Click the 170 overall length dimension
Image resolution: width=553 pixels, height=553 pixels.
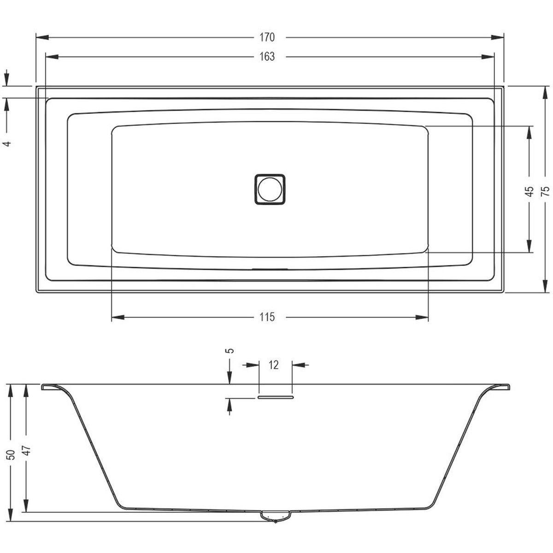pos(267,38)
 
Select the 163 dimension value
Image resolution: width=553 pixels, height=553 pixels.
pos(267,57)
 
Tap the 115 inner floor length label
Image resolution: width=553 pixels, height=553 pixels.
pos(267,317)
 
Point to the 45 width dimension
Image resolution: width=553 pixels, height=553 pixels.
pos(530,191)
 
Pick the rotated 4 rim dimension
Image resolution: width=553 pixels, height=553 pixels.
pos(8,143)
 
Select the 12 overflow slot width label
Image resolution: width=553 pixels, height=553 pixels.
pos(273,365)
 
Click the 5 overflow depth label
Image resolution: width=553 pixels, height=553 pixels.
pos(230,350)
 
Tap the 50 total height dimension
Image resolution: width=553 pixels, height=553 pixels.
pos(11,454)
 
